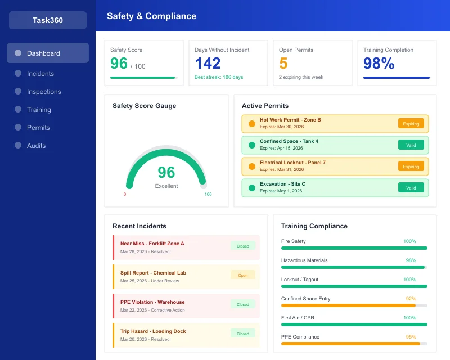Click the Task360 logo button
tap(48, 20)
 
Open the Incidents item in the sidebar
tap(40, 74)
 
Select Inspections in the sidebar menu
tap(43, 92)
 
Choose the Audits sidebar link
tap(36, 146)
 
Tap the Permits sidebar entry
tap(38, 128)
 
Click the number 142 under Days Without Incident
tap(208, 64)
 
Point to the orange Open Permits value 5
tap(283, 64)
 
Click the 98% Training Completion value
tap(379, 64)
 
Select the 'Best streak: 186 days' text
tap(219, 77)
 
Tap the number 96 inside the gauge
tap(166, 172)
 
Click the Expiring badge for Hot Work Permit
tap(411, 124)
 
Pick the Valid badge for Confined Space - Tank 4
tap(411, 145)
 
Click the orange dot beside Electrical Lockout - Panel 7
tap(252, 166)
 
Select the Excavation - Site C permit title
tap(282, 184)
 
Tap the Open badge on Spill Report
tap(243, 275)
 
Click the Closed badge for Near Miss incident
tap(243, 246)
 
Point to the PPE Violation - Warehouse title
tap(152, 302)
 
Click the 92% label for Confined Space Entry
tap(411, 299)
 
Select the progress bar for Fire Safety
tap(354, 248)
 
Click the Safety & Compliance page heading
tap(151, 16)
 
